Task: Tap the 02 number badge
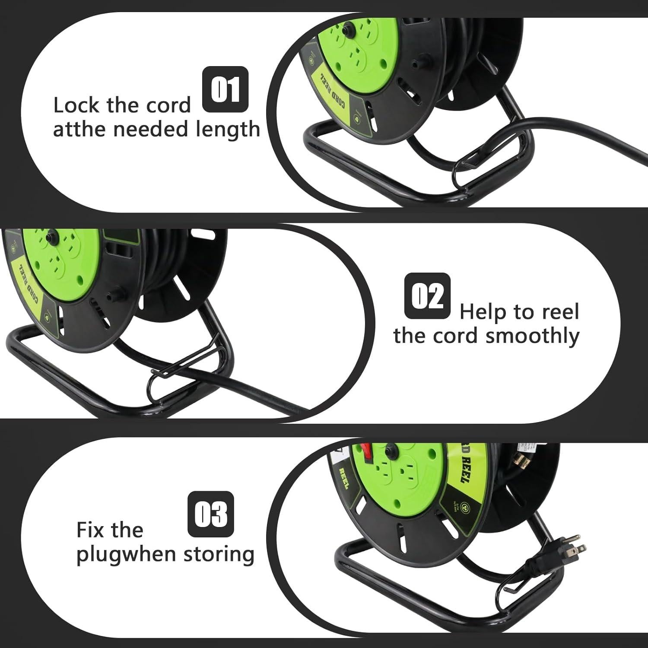(427, 296)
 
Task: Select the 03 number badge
(211, 514)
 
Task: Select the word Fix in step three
(92, 530)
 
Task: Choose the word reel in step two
(561, 311)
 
